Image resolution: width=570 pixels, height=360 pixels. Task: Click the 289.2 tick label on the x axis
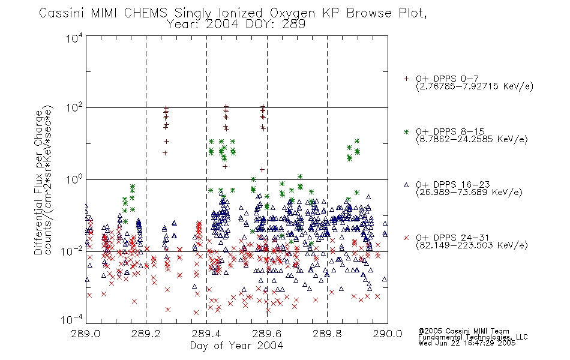point(146,334)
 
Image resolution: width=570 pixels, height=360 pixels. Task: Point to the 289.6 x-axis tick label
point(267,334)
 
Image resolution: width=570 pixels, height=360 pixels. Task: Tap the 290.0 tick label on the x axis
point(388,334)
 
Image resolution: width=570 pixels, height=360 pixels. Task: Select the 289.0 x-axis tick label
point(85,334)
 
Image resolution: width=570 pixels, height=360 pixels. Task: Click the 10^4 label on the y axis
point(74,38)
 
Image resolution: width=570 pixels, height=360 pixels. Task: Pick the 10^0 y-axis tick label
point(74,179)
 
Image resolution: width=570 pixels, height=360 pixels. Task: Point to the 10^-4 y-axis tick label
point(72,320)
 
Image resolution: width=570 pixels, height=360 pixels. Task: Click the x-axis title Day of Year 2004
point(236,346)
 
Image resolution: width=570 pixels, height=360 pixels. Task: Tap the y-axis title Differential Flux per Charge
point(38,182)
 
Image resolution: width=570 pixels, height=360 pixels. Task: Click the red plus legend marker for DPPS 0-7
point(406,79)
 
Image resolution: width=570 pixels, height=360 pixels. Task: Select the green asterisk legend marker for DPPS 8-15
point(406,131)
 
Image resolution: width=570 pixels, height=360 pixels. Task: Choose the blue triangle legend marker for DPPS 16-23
point(406,185)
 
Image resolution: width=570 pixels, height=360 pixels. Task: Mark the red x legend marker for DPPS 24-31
point(406,238)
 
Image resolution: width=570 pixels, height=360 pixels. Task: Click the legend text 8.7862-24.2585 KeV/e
point(472,140)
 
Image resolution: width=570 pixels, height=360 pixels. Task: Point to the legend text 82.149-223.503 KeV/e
point(472,245)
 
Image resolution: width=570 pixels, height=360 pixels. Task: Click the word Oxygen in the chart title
point(293,13)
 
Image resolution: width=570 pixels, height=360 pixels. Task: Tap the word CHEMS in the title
point(146,13)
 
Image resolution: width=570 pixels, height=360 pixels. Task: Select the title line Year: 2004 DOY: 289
point(236,25)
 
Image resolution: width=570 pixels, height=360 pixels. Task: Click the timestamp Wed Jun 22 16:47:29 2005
point(467,343)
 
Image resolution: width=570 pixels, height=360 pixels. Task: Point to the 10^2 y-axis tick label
point(74,108)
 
